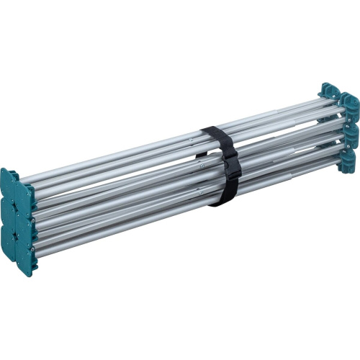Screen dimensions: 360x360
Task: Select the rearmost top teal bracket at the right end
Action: pos(329,91)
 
